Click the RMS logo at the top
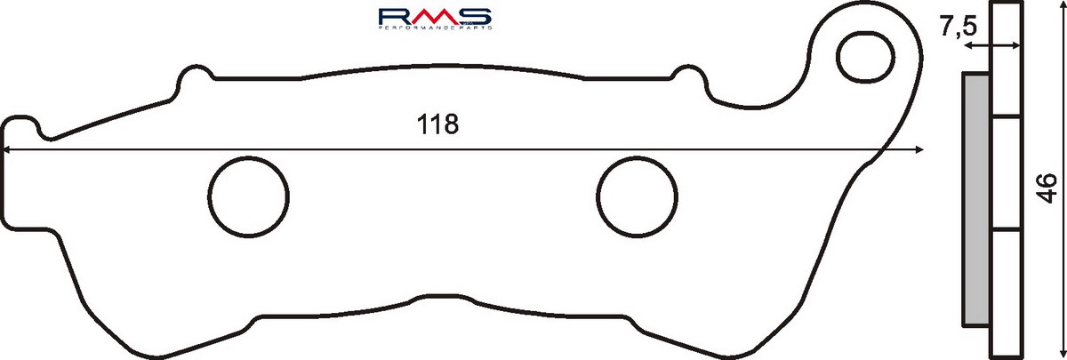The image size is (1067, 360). click(435, 17)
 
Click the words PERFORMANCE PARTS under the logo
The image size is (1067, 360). click(435, 28)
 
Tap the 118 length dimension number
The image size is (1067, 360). click(437, 124)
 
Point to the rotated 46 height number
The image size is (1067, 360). click(1047, 188)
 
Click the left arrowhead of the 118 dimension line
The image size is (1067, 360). click(4, 150)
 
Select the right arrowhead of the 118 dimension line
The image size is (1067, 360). click(919, 150)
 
